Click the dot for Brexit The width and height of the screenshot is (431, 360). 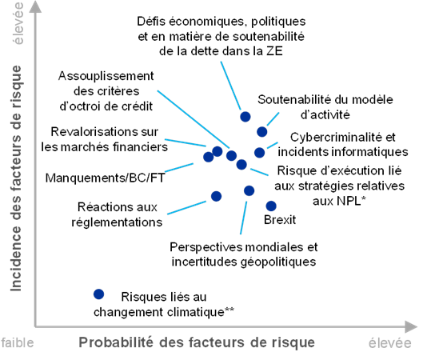[x=271, y=206]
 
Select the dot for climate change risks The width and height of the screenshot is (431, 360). [x=98, y=294]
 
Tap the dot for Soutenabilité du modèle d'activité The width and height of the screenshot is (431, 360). [x=262, y=132]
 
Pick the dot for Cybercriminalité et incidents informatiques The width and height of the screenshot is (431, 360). [x=259, y=152]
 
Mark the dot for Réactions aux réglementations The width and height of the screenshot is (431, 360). [x=217, y=196]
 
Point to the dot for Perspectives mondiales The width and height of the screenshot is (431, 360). [x=249, y=190]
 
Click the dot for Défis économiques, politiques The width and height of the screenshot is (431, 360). [x=245, y=117]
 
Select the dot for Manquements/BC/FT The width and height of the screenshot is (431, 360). [x=209, y=157]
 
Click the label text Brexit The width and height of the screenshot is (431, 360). [x=280, y=220]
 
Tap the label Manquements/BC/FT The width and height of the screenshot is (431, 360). [x=105, y=178]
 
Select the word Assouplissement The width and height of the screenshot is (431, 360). [x=106, y=76]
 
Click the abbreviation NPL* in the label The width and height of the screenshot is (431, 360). [x=353, y=201]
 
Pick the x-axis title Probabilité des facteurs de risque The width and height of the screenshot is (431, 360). [x=197, y=343]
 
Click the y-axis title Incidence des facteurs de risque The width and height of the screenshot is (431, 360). [x=16, y=178]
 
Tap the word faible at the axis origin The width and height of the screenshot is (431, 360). [x=18, y=343]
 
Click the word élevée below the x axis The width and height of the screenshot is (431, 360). [x=389, y=343]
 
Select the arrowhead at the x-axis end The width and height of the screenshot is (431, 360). [x=412, y=326]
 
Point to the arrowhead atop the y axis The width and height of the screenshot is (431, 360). [x=35, y=6]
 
